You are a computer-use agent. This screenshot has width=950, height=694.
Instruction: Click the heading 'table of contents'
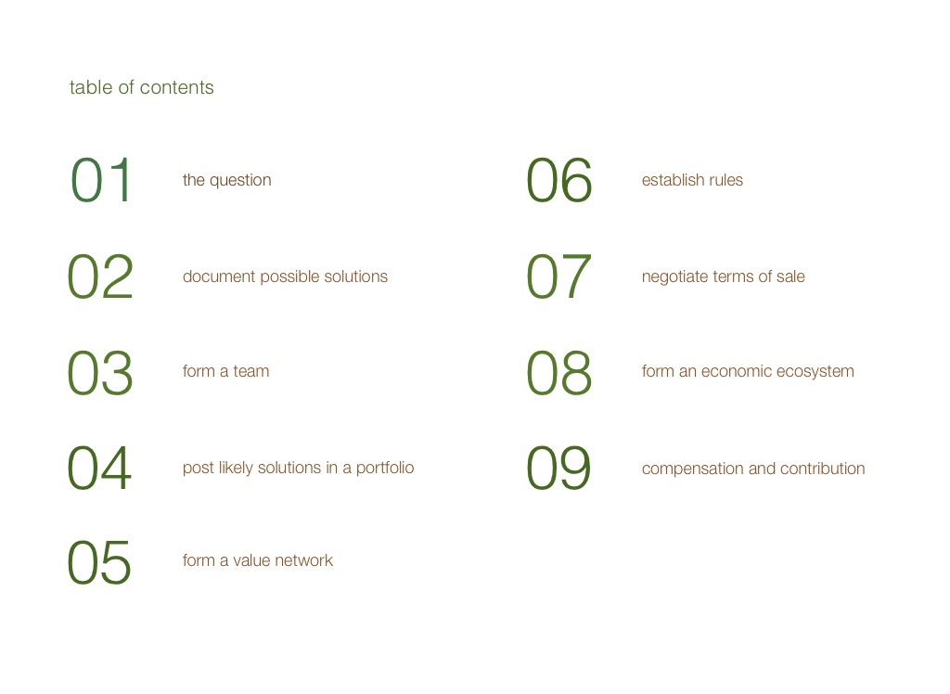(x=141, y=87)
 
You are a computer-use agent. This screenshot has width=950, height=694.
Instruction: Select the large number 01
(x=100, y=180)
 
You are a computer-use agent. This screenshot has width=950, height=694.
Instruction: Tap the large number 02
(x=100, y=277)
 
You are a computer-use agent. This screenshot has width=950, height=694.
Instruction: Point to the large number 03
(x=100, y=373)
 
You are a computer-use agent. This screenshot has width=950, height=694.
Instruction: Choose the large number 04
(x=99, y=468)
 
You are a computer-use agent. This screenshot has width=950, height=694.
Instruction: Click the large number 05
(x=99, y=563)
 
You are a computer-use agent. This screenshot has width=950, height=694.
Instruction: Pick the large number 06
(x=558, y=180)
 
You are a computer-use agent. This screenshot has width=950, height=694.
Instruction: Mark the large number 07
(x=558, y=277)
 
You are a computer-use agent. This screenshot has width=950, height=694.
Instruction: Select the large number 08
(x=558, y=373)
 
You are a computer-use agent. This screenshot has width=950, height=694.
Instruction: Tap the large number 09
(x=558, y=468)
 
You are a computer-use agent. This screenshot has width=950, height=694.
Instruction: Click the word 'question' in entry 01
(x=240, y=181)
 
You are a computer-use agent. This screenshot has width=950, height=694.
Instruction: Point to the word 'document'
(x=219, y=276)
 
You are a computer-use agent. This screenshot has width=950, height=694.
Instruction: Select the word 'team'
(x=251, y=371)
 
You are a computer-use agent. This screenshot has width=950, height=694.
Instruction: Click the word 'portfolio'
(x=385, y=468)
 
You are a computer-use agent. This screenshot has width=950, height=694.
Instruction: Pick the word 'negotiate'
(x=675, y=277)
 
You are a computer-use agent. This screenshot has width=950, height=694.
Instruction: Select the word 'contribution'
(x=823, y=469)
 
